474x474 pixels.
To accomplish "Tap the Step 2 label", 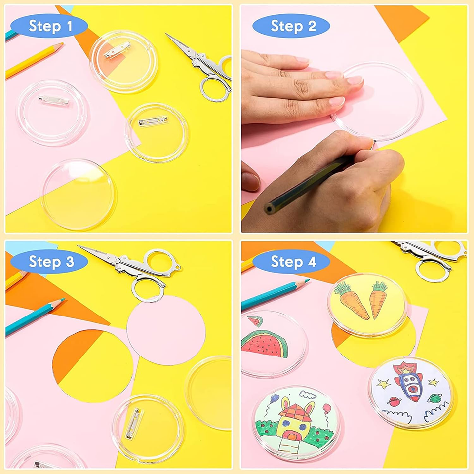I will tap(293, 26).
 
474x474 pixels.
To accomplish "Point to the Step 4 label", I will tap(293, 262).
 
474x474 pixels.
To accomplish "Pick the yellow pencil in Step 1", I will tap(35, 60).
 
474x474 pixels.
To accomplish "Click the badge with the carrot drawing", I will tap(367, 304).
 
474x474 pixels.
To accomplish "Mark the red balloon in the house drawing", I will tap(326, 408).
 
